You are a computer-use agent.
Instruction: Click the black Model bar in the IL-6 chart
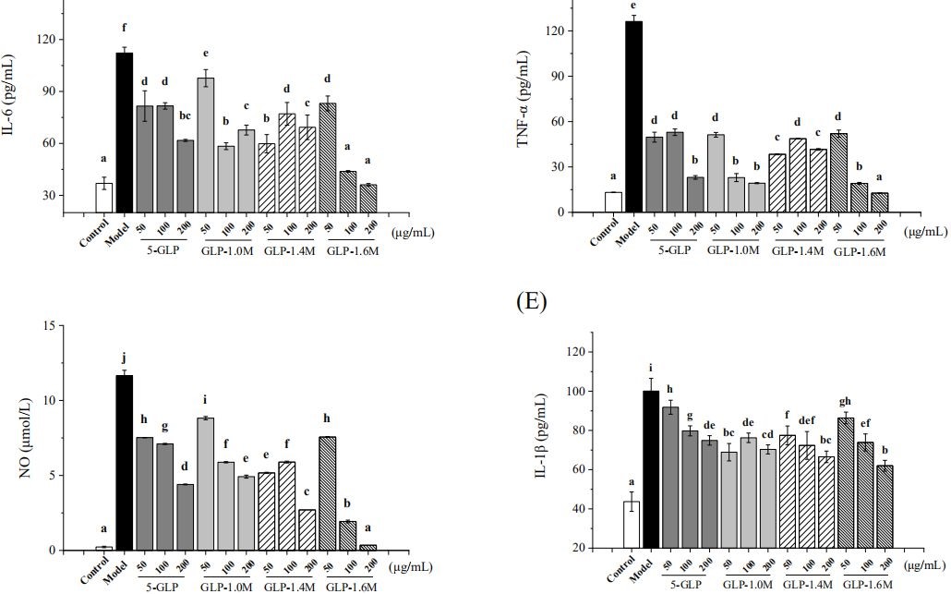pyautogui.click(x=124, y=133)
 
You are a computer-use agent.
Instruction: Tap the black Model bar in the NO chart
pyautogui.click(x=124, y=462)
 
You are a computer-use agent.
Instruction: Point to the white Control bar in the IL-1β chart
pyautogui.click(x=632, y=524)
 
